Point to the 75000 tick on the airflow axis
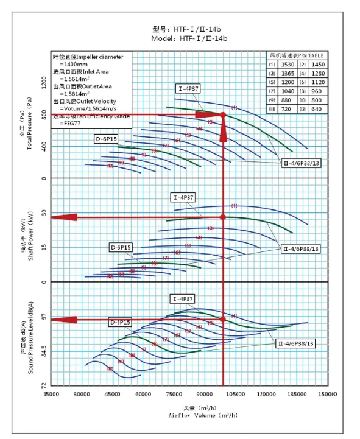[x=174, y=394]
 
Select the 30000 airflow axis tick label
[x=82, y=394]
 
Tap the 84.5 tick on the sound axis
[x=44, y=351]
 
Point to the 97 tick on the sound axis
[x=44, y=317]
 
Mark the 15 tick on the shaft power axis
[x=44, y=247]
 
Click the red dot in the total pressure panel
[x=223, y=114]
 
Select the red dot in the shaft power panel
[x=223, y=217]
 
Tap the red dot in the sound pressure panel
[x=223, y=319]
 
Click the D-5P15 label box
[x=121, y=321]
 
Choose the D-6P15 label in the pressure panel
[x=105, y=139]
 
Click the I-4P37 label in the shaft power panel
[x=183, y=198]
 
